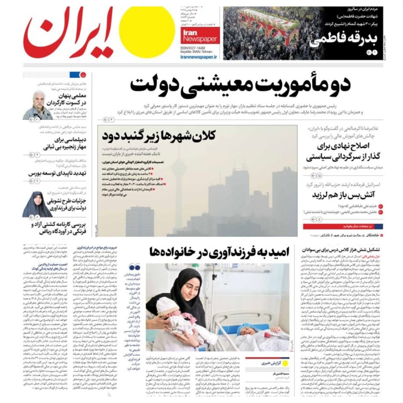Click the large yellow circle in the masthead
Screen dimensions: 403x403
click(x=147, y=32)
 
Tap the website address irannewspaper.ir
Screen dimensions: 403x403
click(x=198, y=57)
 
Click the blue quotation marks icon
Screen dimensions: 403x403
click(x=135, y=266)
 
